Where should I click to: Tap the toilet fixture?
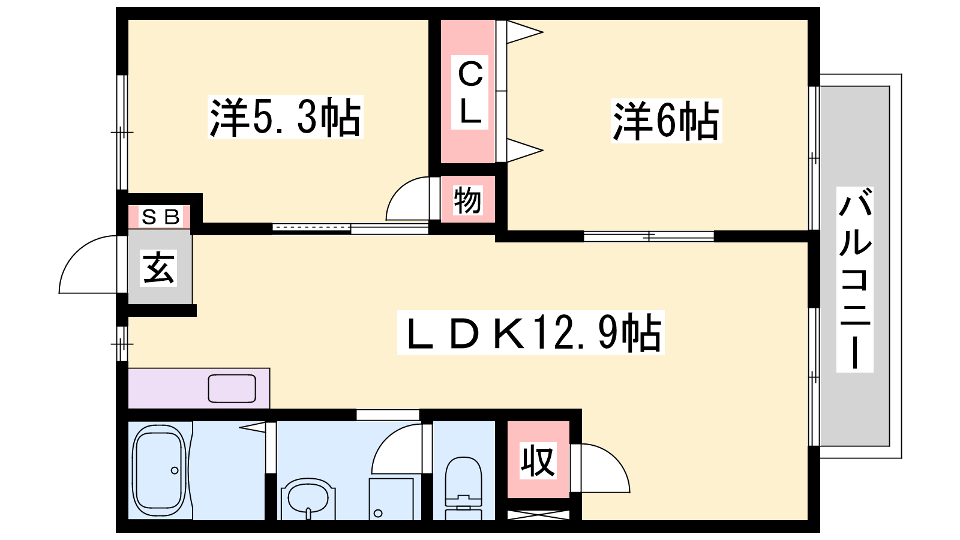(463, 488)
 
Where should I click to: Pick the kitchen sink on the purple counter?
(232, 389)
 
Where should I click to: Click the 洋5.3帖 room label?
(285, 117)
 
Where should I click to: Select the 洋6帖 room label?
(666, 121)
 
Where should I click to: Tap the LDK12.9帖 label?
(530, 332)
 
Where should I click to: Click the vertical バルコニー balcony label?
(854, 280)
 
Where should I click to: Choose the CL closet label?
(470, 92)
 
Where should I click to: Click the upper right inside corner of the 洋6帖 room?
(808, 20)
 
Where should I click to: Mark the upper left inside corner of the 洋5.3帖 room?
(128, 20)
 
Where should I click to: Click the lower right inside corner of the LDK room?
(808, 520)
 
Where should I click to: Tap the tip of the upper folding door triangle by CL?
(542, 32)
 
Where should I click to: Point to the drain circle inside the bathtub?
(175, 470)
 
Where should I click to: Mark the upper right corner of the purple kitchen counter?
(269, 368)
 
